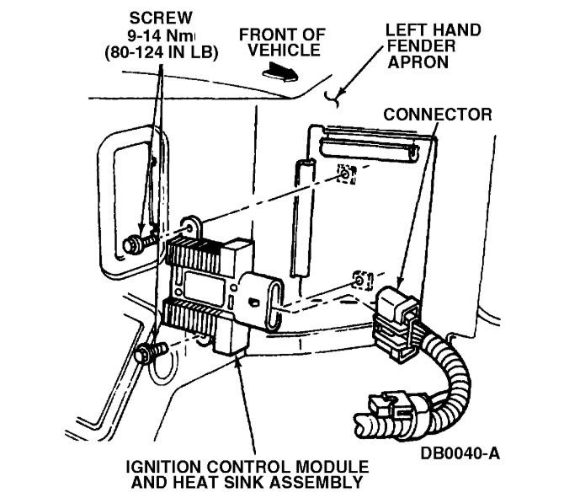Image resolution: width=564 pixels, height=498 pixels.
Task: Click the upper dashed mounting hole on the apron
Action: (x=345, y=175)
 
